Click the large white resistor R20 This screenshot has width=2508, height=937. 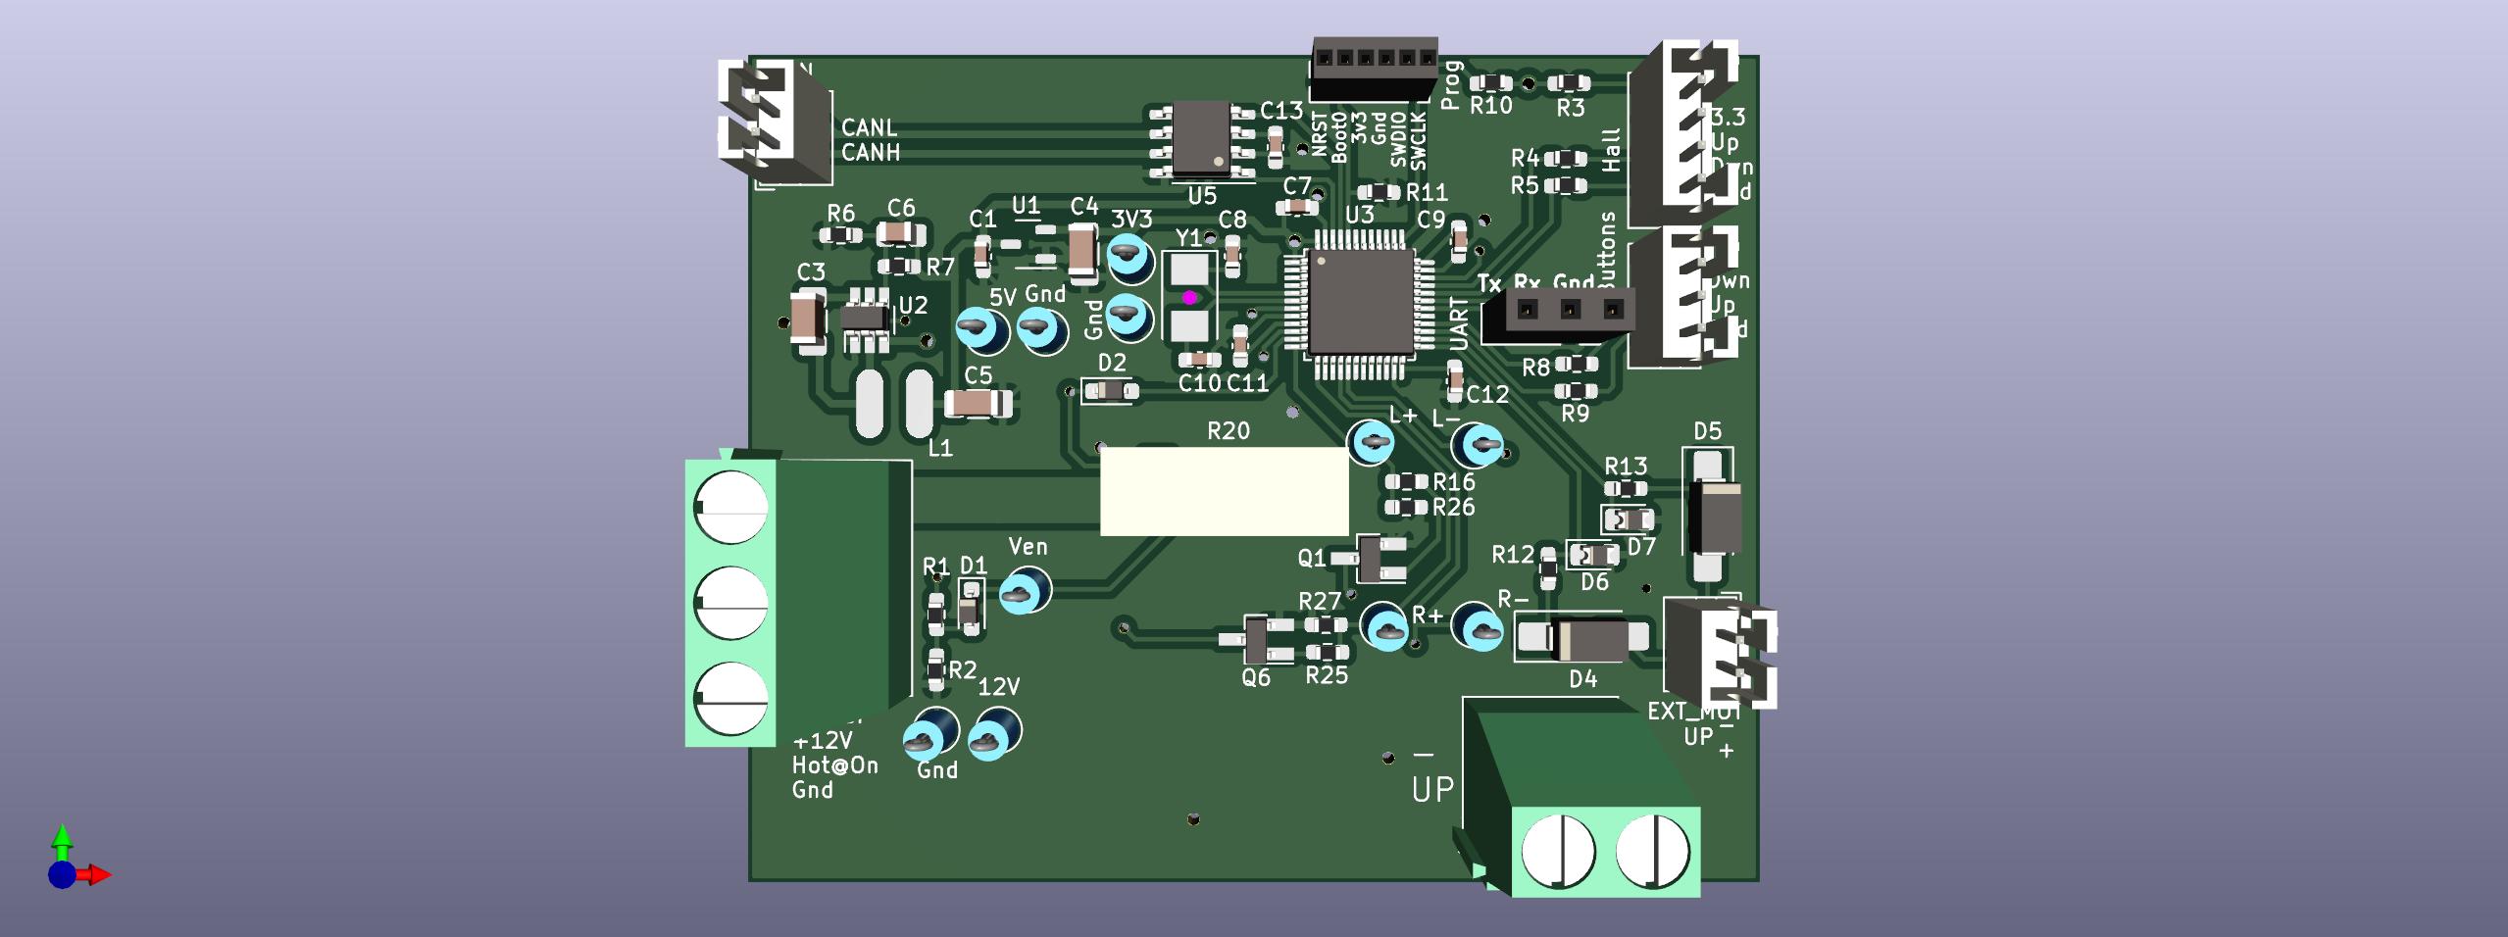coord(1224,491)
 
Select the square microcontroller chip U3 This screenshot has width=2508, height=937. coord(1360,302)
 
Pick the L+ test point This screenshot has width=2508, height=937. coord(1373,443)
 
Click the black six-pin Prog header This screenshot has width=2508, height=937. coord(1375,69)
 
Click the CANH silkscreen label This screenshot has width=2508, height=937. coord(871,153)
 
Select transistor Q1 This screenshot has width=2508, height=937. coord(1380,559)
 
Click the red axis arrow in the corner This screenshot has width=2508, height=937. coord(98,874)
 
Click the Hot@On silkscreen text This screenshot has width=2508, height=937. coord(834,765)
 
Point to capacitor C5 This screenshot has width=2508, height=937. coord(977,403)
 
